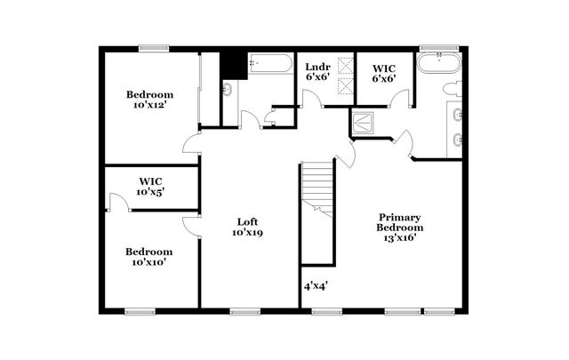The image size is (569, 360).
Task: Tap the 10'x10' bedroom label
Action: (x=149, y=256)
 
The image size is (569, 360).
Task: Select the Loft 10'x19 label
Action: (x=248, y=227)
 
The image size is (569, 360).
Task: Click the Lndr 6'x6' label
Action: (x=317, y=72)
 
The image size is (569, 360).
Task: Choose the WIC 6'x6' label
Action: (x=383, y=72)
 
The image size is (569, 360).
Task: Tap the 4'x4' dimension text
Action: (x=317, y=287)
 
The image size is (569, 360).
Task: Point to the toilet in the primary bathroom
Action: (x=451, y=89)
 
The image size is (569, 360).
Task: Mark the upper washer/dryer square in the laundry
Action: (x=344, y=65)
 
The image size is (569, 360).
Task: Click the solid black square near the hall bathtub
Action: (x=233, y=65)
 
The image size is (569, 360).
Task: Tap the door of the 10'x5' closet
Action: (x=116, y=204)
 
